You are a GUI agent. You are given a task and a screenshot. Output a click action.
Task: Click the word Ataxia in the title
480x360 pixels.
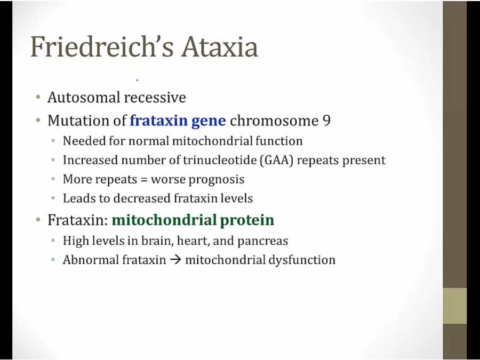click(220, 47)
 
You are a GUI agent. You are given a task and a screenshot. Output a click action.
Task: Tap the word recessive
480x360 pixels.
click(155, 98)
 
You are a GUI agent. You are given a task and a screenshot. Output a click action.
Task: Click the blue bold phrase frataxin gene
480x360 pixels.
click(178, 121)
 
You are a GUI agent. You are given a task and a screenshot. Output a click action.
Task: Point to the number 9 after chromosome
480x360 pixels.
click(326, 121)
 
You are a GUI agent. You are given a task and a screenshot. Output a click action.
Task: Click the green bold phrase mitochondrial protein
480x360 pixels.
click(193, 220)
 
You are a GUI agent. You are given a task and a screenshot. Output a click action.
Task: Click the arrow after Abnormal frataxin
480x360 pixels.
click(175, 260)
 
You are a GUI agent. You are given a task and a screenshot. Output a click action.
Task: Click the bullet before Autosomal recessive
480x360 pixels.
click(38, 98)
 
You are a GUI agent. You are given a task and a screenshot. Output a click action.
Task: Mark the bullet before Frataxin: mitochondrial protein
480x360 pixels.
click(38, 220)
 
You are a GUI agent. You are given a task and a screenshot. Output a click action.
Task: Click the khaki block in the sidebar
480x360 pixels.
click(455, 306)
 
